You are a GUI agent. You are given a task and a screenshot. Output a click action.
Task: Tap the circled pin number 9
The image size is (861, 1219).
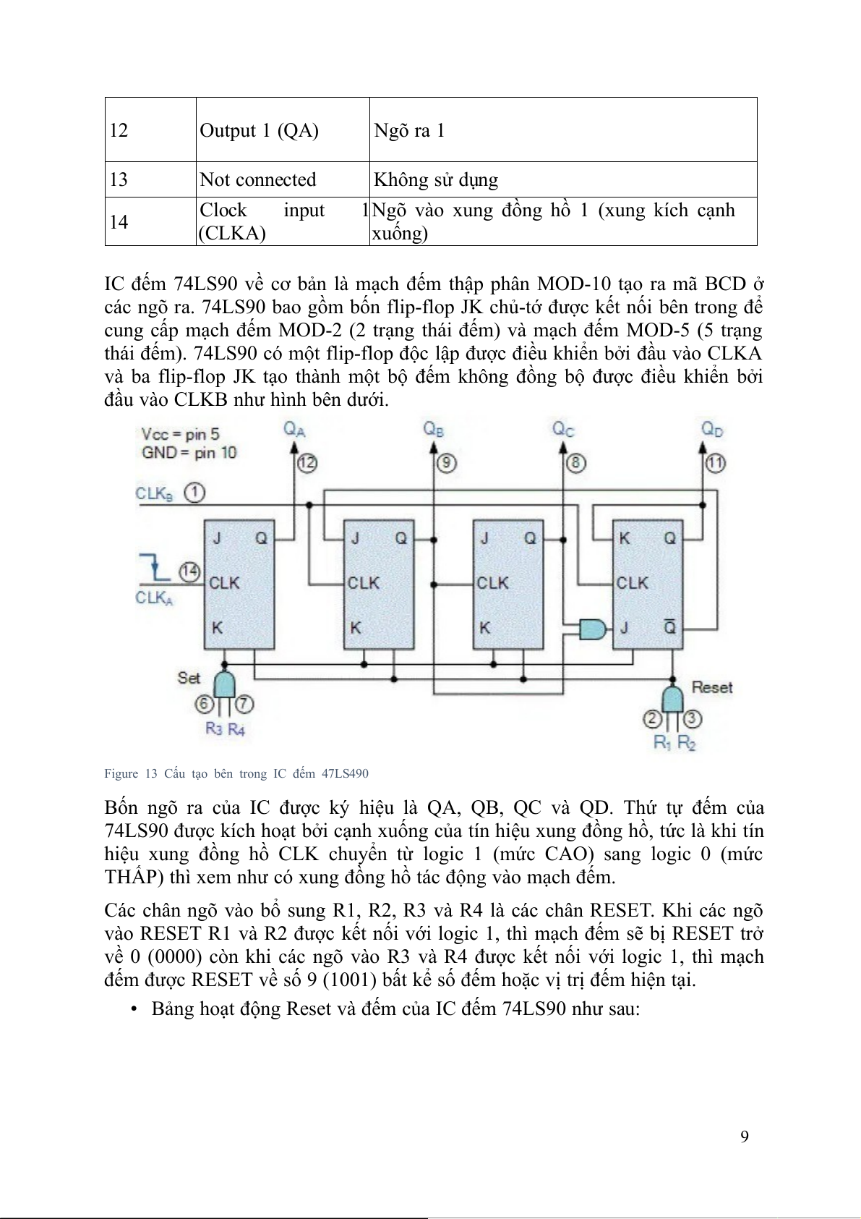point(447,462)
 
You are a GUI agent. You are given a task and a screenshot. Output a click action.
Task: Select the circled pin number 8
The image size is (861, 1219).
point(575,462)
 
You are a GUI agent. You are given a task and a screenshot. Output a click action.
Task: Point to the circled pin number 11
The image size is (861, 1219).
point(716,462)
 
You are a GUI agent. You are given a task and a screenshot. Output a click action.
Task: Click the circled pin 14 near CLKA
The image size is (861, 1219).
point(189,572)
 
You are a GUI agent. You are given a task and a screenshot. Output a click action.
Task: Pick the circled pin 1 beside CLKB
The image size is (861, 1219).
point(194,493)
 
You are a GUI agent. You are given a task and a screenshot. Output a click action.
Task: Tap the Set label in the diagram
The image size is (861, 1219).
point(189,678)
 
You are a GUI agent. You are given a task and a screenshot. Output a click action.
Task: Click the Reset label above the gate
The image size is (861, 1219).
point(712,687)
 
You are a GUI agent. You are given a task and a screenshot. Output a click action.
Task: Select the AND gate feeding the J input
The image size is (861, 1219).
point(594,628)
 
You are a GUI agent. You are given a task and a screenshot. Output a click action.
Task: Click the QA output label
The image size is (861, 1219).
point(294,429)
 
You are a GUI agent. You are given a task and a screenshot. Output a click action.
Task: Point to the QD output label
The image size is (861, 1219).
point(712,429)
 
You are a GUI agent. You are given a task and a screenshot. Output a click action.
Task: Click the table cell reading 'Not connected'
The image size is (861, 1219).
point(257,179)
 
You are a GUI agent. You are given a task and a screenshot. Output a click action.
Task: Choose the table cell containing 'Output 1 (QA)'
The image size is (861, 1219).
point(259,130)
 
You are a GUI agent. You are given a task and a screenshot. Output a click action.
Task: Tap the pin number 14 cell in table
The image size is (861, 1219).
point(119,221)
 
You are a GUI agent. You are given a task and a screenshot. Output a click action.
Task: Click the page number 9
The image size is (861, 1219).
point(745,1136)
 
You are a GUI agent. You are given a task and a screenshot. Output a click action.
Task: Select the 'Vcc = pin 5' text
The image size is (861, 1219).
point(180,434)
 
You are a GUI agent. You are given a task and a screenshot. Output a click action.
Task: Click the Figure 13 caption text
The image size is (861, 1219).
point(236,773)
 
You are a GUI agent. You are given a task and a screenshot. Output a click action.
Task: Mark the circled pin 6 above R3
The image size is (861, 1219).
point(205,703)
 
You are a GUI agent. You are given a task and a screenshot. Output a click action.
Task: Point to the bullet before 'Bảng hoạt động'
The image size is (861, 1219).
point(134,1009)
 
